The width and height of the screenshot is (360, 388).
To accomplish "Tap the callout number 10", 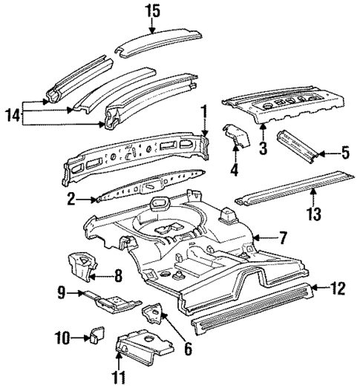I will [62, 339].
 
